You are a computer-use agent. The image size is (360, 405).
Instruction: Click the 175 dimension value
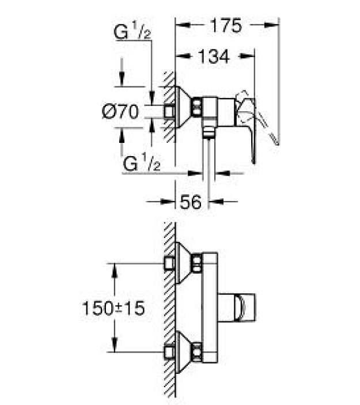[226, 25]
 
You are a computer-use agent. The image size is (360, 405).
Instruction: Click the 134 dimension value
[214, 56]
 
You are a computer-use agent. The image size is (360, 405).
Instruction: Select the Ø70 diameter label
[120, 112]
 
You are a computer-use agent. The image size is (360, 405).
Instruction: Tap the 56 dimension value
[191, 202]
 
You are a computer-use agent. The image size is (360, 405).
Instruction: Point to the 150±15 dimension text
[113, 308]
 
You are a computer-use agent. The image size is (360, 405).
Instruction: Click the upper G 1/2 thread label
[132, 31]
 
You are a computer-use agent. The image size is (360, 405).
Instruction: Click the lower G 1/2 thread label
[142, 162]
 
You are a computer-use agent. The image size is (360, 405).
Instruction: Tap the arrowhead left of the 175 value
[183, 25]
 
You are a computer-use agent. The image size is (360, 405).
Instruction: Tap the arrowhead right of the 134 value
[247, 56]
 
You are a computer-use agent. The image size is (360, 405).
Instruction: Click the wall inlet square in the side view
[169, 112]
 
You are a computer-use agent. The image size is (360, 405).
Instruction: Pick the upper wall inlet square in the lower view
[169, 263]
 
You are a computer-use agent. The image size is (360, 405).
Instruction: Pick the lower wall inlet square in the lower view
[169, 353]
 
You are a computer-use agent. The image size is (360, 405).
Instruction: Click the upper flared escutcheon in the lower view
[183, 263]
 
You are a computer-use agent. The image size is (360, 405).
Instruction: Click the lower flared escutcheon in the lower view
[183, 352]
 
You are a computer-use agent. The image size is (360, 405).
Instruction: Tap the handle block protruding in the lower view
[237, 308]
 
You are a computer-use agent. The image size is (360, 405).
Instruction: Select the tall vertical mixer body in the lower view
[210, 308]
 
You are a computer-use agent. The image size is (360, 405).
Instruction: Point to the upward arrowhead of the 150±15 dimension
[115, 270]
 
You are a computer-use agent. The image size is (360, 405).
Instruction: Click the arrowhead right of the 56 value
[216, 202]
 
